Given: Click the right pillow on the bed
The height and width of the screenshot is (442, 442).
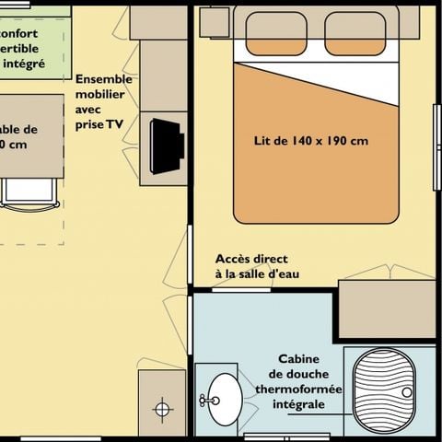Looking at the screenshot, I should point(355,33).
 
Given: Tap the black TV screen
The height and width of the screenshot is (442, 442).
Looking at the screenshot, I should point(167,145).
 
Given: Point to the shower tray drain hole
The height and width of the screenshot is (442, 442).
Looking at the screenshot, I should point(406,391).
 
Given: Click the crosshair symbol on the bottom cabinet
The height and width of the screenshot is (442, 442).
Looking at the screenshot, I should point(162,408).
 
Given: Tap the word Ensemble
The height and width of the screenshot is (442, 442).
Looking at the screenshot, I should point(103,79).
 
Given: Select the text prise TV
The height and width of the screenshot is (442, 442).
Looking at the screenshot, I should point(100,123).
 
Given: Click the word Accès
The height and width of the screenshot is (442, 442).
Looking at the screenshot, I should point(233,259).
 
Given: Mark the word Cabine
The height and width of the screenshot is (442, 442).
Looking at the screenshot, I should point(300,359).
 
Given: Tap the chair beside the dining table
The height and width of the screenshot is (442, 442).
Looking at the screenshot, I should point(29,192).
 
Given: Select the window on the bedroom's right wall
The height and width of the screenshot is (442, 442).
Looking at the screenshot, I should point(436,147).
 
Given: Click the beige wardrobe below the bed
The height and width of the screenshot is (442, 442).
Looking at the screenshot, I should point(387,308).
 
